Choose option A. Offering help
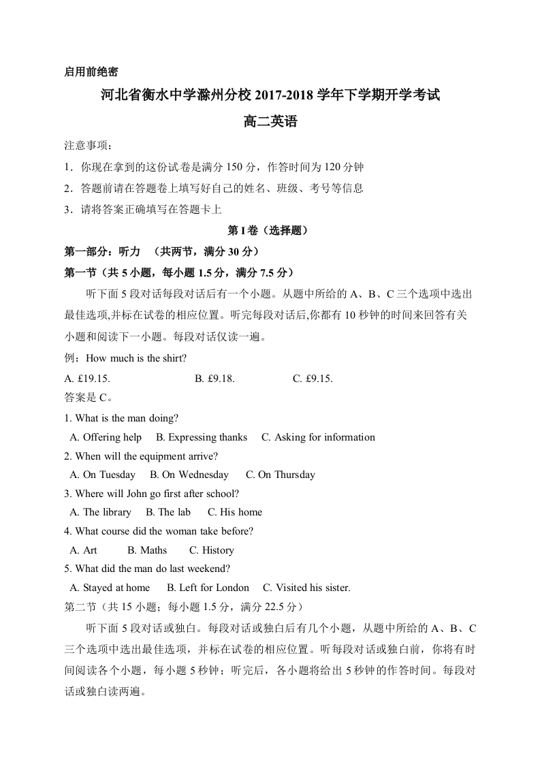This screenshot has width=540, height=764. point(106,437)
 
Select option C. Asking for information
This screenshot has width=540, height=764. point(318,437)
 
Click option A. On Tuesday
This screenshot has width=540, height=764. point(103,475)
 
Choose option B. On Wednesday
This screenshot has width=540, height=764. point(189,475)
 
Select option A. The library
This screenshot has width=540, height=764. point(101,512)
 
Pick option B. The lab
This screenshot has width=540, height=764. point(168,512)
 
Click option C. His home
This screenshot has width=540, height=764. point(234,512)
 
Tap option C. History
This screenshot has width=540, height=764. point(211,550)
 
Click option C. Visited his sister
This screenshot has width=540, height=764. point(306,588)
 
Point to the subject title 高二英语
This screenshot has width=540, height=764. point(270,123)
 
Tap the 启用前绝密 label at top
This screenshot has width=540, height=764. point(91,71)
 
